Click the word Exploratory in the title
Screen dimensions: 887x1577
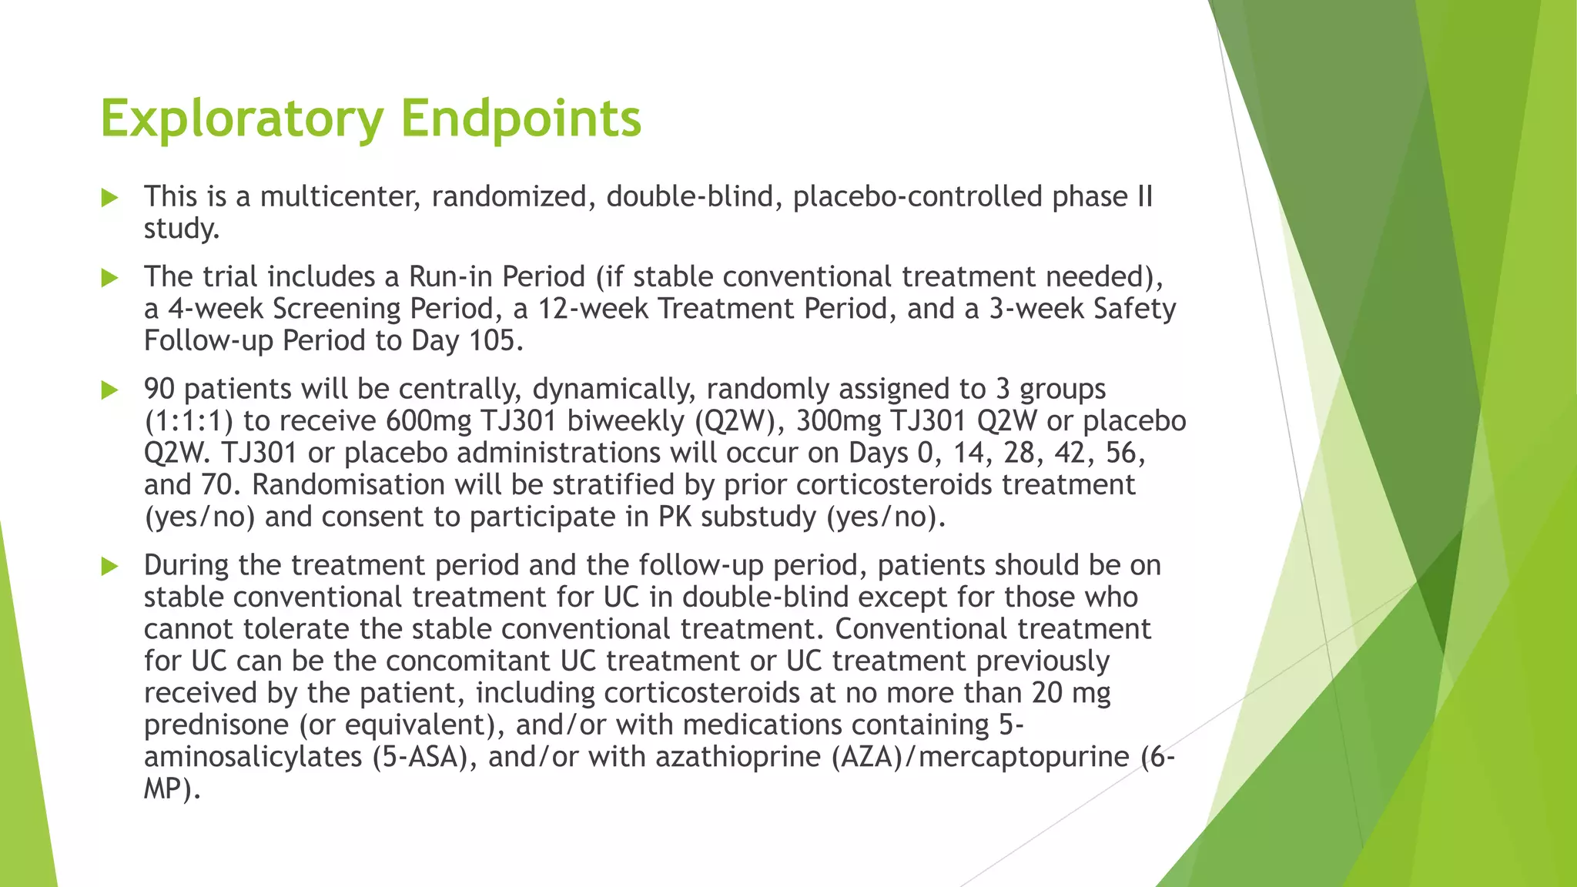(x=242, y=119)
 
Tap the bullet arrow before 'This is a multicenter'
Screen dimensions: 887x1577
(x=109, y=198)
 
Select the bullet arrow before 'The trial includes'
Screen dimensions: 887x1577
(x=109, y=278)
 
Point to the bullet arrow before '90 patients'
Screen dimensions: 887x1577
(x=109, y=390)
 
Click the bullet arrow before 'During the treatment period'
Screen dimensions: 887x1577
(x=109, y=567)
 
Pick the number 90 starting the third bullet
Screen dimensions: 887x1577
(x=159, y=390)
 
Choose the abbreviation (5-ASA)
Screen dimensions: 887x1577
(x=419, y=758)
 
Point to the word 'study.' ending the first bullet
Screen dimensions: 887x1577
(x=182, y=229)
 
